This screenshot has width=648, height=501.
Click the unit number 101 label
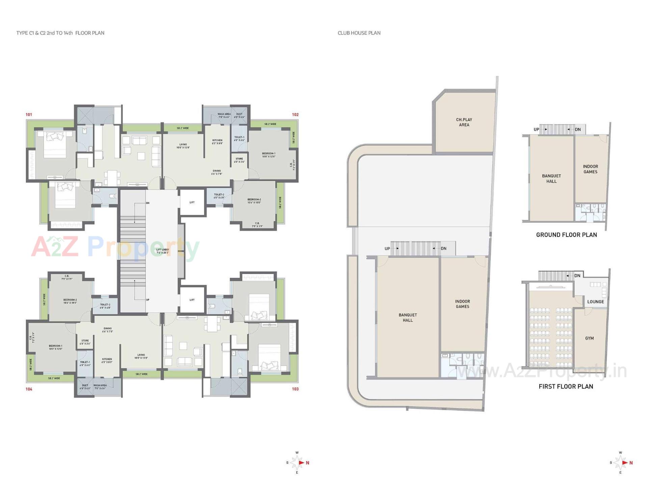pos(29,115)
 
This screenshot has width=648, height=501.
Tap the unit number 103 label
pos(295,389)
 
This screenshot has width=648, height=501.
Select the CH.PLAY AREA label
pos(464,122)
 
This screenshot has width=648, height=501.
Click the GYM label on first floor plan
pos(589,338)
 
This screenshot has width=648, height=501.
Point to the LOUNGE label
pos(595,302)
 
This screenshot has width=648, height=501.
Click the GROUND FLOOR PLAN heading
pos(566,235)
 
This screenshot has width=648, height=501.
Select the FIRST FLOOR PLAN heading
pos(566,386)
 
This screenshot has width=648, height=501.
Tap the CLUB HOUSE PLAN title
pos(359,33)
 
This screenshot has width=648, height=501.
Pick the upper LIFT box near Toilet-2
pos(192,202)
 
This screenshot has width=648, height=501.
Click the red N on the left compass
pos(307,463)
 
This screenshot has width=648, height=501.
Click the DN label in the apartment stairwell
pos(147,203)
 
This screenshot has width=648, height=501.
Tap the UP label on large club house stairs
pos(387,249)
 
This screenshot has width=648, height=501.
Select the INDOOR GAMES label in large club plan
pos(462,304)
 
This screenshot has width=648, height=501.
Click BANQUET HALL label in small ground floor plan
pos(551,178)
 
